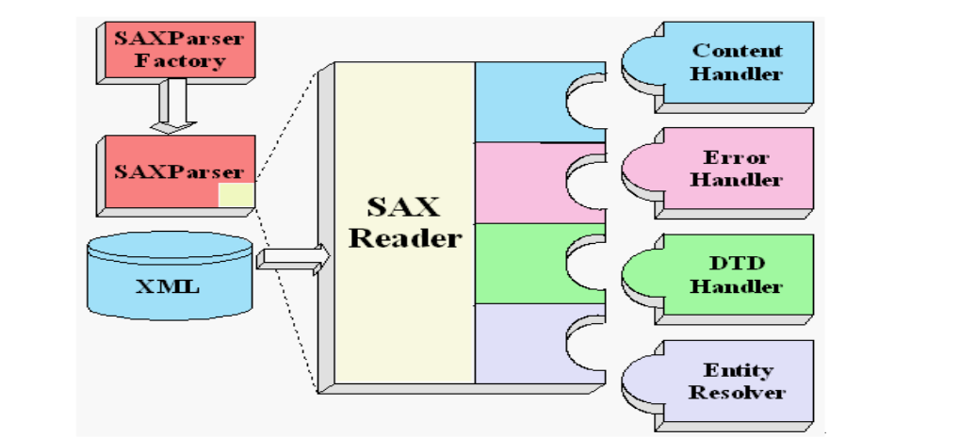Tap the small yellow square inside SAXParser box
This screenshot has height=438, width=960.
[x=236, y=195]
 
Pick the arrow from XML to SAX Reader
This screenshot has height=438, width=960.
[x=293, y=256]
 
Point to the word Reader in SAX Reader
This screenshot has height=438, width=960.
[x=405, y=238]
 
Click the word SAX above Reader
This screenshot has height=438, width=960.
[x=405, y=206]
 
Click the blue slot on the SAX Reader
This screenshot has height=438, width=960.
[x=523, y=102]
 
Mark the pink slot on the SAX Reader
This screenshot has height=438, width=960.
[x=523, y=183]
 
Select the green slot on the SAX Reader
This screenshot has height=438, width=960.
[x=523, y=264]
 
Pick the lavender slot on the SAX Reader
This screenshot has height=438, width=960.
[x=523, y=344]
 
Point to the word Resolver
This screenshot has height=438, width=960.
[x=737, y=393]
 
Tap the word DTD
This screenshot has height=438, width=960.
[x=737, y=264]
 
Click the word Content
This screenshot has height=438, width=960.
[x=737, y=50]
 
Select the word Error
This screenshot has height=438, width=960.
[x=737, y=157]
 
